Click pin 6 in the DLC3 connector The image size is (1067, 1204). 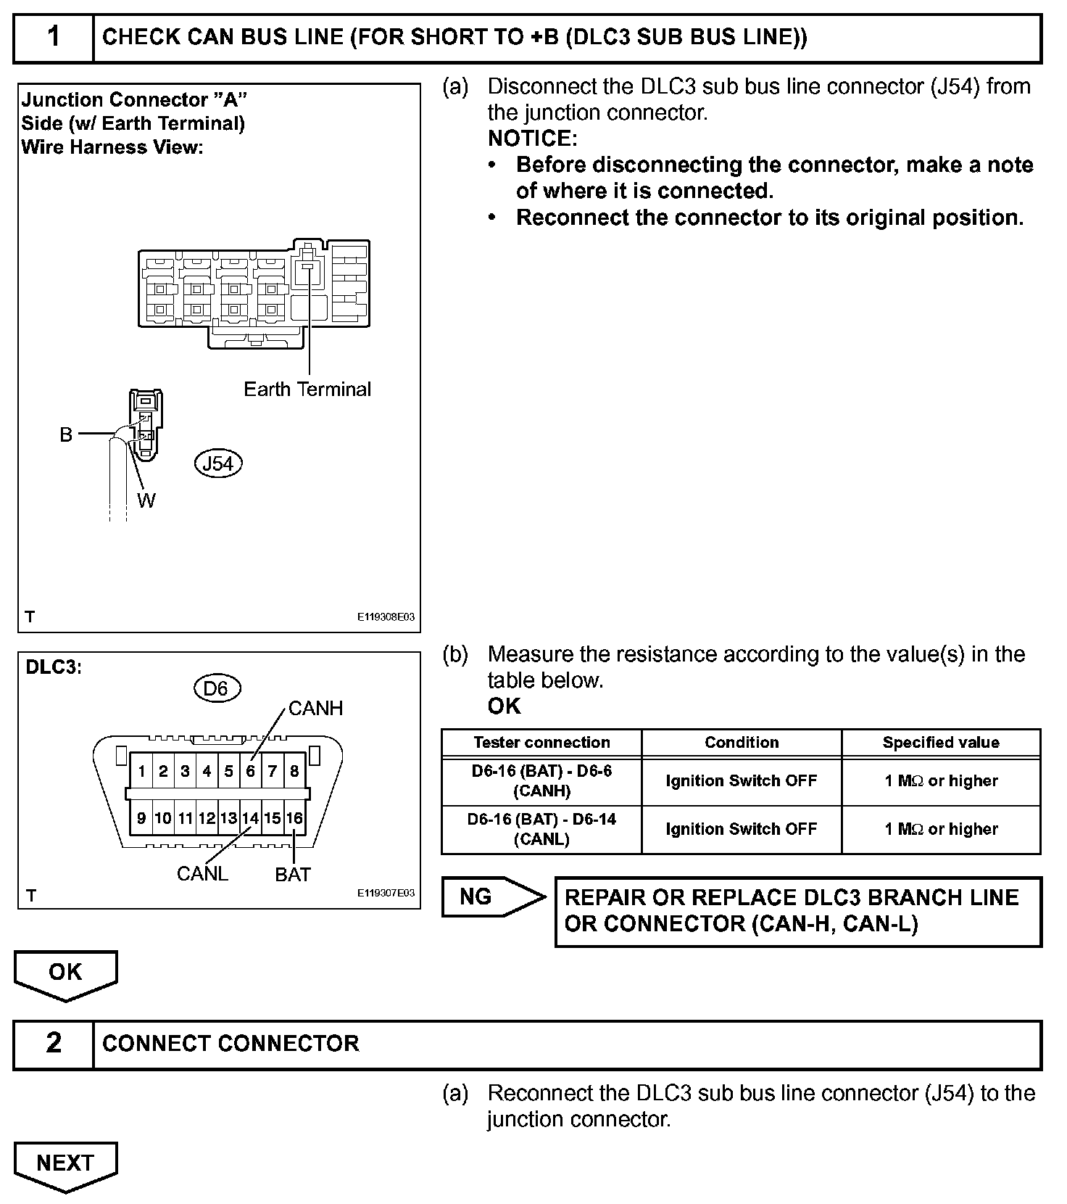coord(250,771)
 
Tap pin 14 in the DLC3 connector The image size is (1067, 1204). coord(250,818)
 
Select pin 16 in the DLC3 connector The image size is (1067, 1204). coord(294,818)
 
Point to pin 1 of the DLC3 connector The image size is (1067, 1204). coord(142,771)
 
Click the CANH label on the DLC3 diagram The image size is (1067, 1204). coord(315,708)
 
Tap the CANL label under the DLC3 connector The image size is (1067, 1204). coord(202,873)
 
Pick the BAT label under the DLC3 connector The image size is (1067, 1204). coord(293,875)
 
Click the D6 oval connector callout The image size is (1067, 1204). coord(216,688)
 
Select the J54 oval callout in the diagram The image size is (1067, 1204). coord(218,463)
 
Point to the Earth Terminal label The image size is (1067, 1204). coord(307,389)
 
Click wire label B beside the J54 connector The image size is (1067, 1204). coord(66,434)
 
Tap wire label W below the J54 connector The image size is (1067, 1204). coord(146,500)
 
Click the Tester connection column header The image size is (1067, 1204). coord(541,742)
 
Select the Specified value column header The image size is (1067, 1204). coord(940,742)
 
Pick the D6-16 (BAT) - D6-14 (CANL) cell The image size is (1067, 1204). coord(541,829)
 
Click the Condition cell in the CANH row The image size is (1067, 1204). coord(741,781)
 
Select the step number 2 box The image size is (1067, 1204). coord(54,1043)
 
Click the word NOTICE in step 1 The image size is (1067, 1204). coord(532,138)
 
